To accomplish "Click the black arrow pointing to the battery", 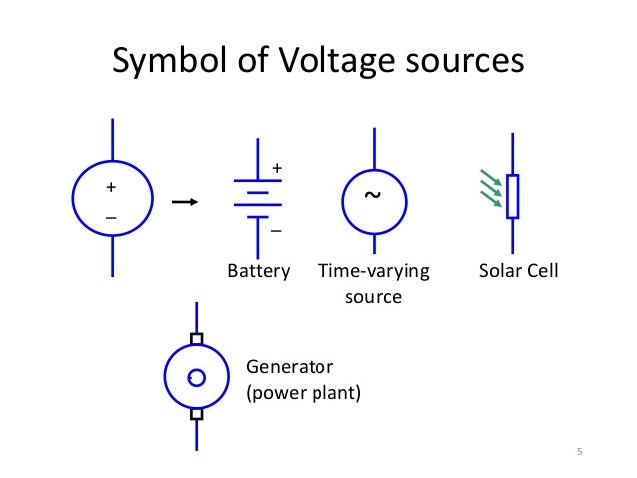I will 186,203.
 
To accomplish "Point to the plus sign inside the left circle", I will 111,187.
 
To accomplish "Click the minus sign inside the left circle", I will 111,217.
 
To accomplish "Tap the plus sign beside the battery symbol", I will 277,166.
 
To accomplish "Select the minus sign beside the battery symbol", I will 276,231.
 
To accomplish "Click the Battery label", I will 258,271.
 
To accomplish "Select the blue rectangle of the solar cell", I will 513,196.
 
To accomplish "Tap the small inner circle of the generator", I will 197,377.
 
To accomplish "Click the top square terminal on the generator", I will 197,339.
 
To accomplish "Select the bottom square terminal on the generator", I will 197,414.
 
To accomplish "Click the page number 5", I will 579,454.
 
